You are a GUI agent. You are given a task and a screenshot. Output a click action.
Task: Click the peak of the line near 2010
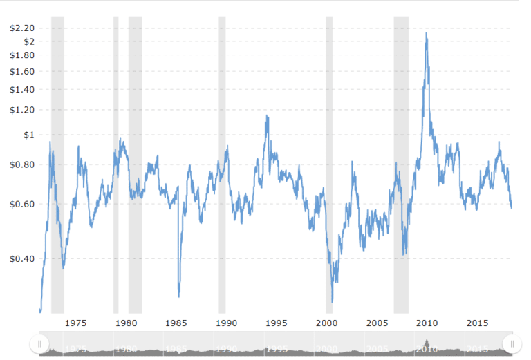[x=426, y=33]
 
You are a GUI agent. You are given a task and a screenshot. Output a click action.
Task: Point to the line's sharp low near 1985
[x=179, y=296]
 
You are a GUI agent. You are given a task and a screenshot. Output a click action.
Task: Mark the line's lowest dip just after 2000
[x=333, y=302]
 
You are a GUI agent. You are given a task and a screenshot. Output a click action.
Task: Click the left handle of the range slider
[x=40, y=343]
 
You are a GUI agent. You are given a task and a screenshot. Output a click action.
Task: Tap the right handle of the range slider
[x=512, y=343]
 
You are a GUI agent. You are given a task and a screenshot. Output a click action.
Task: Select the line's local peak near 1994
[x=267, y=116]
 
